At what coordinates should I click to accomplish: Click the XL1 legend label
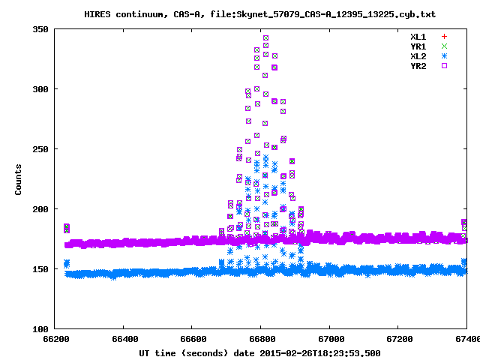(418, 36)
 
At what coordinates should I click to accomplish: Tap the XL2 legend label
(418, 55)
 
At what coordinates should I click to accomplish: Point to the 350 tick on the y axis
(40, 29)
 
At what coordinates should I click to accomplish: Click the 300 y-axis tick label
(40, 89)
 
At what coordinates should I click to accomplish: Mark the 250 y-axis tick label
(40, 149)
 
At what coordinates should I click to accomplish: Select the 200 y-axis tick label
(40, 209)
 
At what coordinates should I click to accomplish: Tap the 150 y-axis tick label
(40, 269)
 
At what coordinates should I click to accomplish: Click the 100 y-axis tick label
(40, 329)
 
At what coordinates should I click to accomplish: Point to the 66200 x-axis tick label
(55, 340)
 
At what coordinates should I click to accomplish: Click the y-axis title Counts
(18, 179)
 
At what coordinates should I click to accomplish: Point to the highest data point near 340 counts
(265, 37)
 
